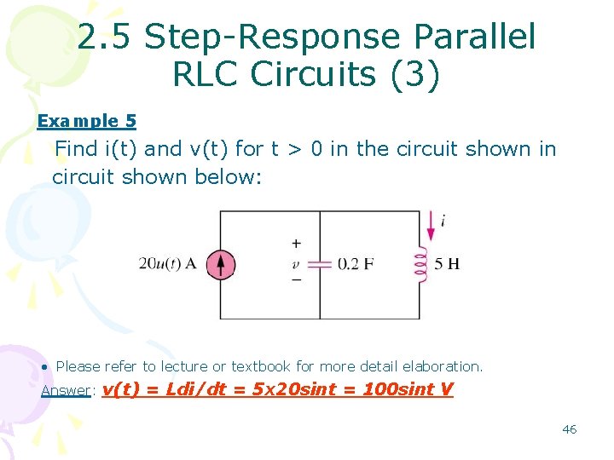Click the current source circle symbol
(x=220, y=264)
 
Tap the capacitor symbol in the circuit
(x=320, y=264)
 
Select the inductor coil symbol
(x=420, y=264)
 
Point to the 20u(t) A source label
(x=167, y=264)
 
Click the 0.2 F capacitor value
(x=356, y=264)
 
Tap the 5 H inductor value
(x=447, y=264)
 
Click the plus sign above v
(x=296, y=244)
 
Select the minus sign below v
(x=296, y=279)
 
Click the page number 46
(x=569, y=429)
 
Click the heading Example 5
(x=86, y=122)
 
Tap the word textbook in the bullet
(x=261, y=366)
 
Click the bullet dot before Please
(x=44, y=366)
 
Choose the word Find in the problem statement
(x=76, y=149)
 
